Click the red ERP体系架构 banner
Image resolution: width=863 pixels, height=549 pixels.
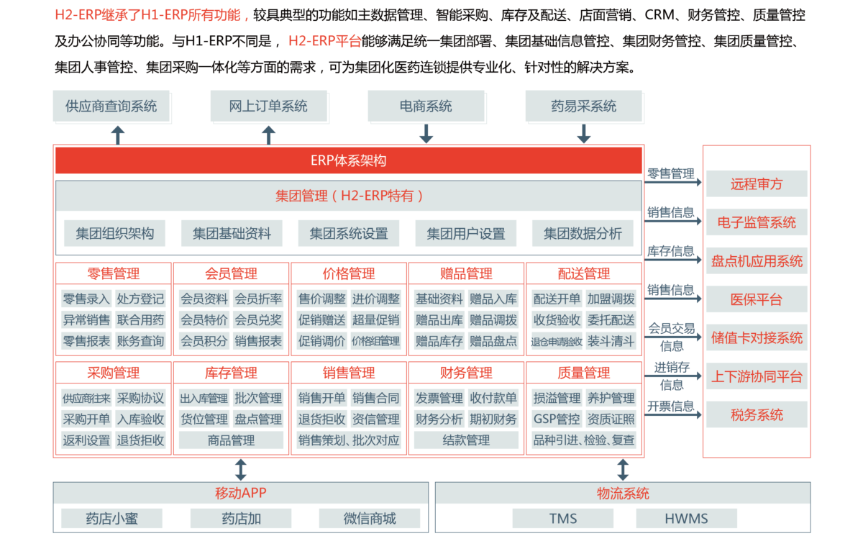[349, 160]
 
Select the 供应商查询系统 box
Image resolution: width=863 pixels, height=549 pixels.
[111, 106]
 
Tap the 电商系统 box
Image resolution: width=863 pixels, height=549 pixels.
[426, 106]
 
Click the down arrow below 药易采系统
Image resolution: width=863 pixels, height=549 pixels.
[584, 134]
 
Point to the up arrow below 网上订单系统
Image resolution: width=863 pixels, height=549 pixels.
[268, 135]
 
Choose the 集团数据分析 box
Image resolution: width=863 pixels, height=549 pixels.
[583, 233]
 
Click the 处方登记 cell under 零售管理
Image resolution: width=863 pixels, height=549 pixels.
[141, 299]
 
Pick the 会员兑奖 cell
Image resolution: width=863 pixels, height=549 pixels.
[258, 320]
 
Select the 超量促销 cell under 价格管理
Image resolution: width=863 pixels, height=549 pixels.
[375, 320]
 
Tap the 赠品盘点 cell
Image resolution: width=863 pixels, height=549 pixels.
[493, 341]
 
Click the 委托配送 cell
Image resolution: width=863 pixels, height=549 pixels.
[611, 320]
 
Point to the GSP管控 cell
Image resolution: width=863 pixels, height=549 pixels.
[557, 419]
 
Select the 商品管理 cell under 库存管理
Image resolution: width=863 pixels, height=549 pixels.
[231, 440]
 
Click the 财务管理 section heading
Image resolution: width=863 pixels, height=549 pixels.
[466, 373]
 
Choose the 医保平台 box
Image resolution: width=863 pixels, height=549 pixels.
[757, 299]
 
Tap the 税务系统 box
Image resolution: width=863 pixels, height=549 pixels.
[757, 415]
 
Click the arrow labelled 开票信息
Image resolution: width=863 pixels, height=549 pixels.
[673, 415]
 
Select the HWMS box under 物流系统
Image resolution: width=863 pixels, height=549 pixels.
[686, 519]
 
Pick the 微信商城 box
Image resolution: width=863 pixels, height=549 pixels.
[370, 519]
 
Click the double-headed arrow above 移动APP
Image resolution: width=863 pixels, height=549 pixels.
[241, 470]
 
